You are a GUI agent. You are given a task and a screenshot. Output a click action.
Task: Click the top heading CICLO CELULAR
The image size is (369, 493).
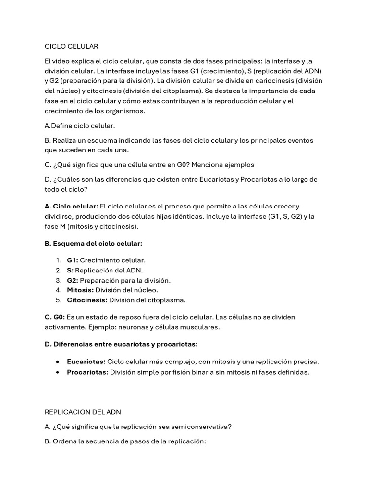pyautogui.click(x=71, y=46)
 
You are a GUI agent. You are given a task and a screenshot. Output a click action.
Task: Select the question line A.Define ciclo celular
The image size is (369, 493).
pyautogui.click(x=80, y=126)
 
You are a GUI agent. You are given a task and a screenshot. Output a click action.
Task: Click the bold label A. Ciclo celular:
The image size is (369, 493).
pyautogui.click(x=71, y=206)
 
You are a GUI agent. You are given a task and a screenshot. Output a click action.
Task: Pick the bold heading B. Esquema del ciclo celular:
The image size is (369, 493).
pyautogui.click(x=93, y=244)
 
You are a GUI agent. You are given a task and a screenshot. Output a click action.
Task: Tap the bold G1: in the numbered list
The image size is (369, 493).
pyautogui.click(x=73, y=260)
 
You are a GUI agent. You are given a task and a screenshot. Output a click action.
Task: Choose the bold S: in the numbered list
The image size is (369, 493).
pyautogui.click(x=70, y=270)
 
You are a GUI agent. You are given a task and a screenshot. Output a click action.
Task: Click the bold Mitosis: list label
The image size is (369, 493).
pyautogui.click(x=80, y=290)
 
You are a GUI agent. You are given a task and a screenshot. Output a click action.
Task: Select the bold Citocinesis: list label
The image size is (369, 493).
pyautogui.click(x=87, y=300)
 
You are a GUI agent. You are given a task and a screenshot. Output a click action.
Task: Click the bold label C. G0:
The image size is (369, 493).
pyautogui.click(x=54, y=317)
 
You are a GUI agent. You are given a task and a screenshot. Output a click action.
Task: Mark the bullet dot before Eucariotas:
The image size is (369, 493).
pyautogui.click(x=58, y=362)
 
